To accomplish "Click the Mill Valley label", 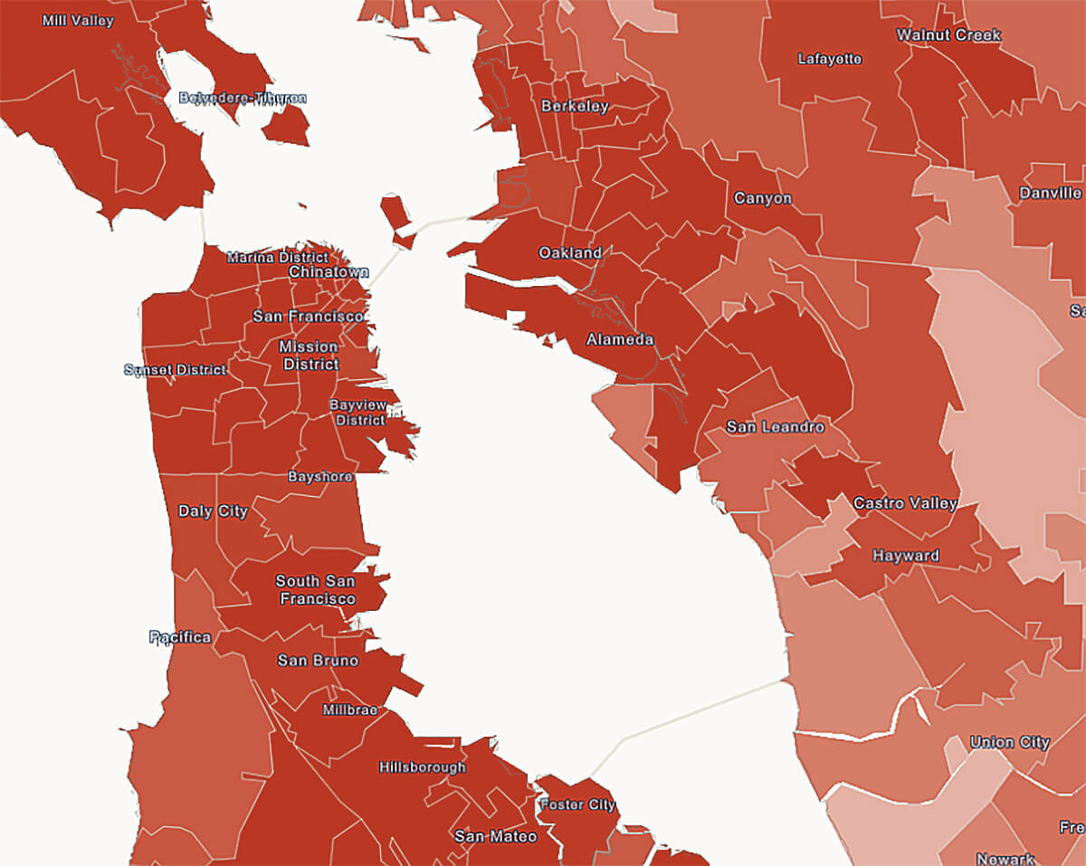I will (78, 20).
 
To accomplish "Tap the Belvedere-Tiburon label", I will (243, 98).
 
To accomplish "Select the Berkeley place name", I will (575, 107).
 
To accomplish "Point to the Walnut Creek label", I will (948, 35).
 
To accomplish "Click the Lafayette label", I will (830, 60).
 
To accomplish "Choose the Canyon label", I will (763, 198).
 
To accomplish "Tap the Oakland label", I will (570, 253).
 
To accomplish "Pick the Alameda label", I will (620, 340).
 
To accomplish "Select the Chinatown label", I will (329, 271).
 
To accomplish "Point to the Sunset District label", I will (175, 370).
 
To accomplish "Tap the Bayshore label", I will (320, 476).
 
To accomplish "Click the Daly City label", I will (213, 511).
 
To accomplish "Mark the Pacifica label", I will (180, 637).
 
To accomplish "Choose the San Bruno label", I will (318, 661).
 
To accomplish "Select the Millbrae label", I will (350, 710).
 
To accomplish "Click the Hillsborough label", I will (423, 767).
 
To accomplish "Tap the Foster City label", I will (577, 804).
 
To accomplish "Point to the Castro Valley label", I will (905, 503).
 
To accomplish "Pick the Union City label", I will (1010, 743).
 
